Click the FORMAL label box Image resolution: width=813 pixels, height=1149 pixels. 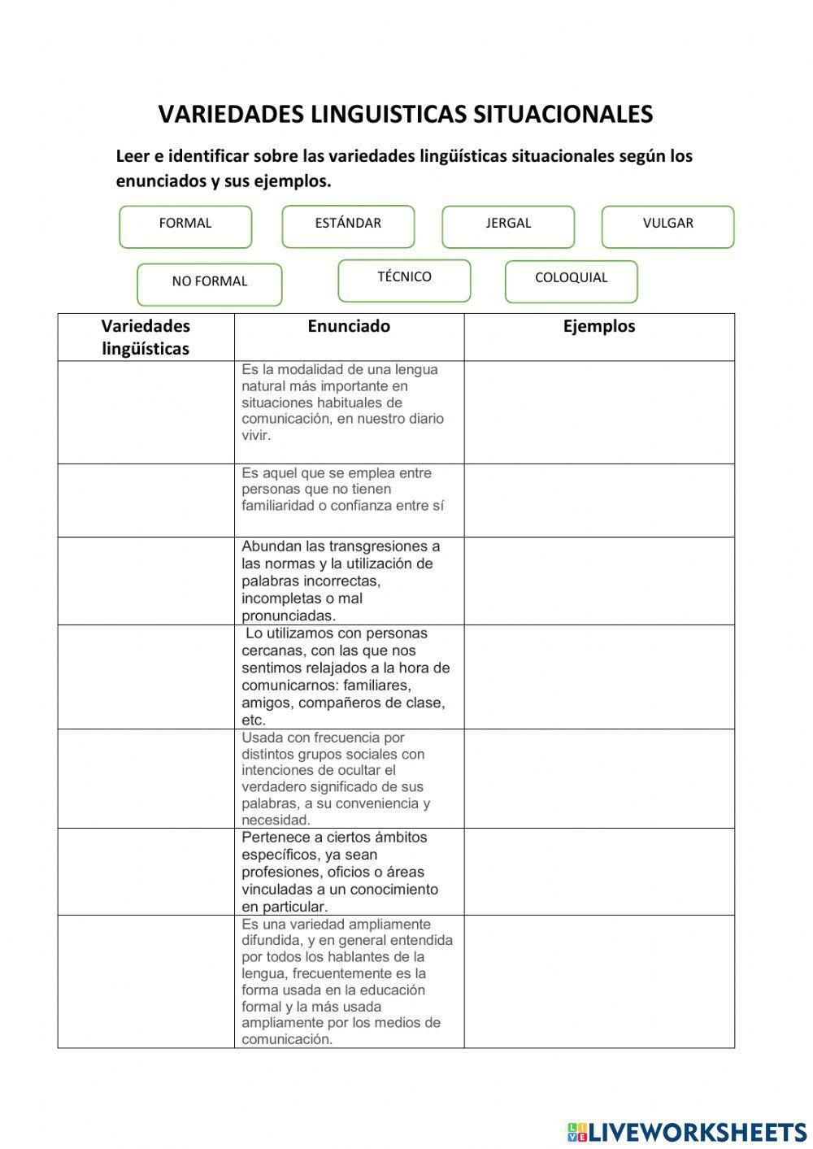(x=185, y=226)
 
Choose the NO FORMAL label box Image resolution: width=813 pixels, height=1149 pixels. (x=210, y=284)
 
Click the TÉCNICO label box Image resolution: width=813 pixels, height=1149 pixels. (x=404, y=280)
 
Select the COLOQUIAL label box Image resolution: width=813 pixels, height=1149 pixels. (x=571, y=281)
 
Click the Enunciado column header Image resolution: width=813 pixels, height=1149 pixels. (x=349, y=327)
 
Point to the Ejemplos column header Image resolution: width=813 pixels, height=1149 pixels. (x=599, y=327)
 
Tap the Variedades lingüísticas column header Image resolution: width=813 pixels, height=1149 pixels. (x=146, y=337)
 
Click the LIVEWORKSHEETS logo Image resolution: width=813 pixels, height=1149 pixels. (x=687, y=1131)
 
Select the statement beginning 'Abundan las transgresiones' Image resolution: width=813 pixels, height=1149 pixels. (x=341, y=581)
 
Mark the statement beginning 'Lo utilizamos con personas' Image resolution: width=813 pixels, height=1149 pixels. (x=345, y=677)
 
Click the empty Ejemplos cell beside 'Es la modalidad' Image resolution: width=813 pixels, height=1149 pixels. (x=599, y=412)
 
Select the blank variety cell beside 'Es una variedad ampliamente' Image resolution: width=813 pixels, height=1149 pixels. (x=146, y=981)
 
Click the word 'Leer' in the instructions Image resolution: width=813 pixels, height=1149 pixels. (x=133, y=156)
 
